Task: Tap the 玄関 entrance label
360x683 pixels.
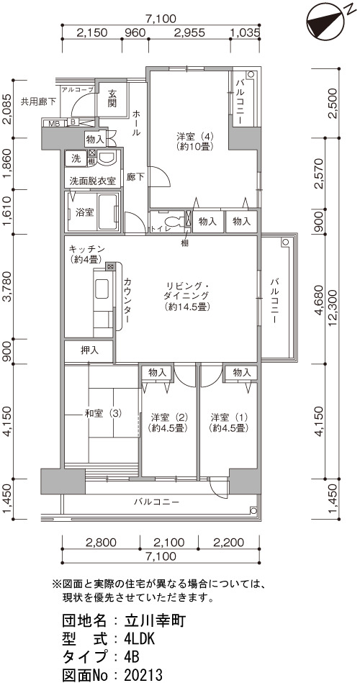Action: [x=113, y=99]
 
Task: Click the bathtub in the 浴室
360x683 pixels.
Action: [x=108, y=212]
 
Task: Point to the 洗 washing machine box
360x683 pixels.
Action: [x=76, y=159]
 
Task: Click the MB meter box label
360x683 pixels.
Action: [x=54, y=124]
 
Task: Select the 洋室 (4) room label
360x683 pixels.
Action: [x=195, y=141]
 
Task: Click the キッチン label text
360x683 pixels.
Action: [x=86, y=249]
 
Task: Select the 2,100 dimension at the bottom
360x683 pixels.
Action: [x=169, y=543]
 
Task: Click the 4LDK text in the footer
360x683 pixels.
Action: [x=139, y=639]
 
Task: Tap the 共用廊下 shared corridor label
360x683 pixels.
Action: [x=39, y=102]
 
